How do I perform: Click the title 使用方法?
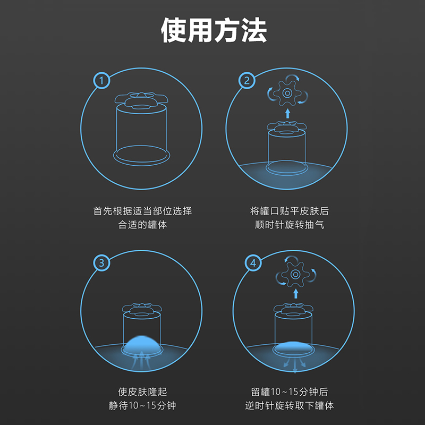[x=212, y=31]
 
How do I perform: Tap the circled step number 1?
[x=101, y=81]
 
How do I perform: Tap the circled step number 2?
[x=246, y=81]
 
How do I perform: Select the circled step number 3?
[x=101, y=263]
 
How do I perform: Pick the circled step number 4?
[x=253, y=263]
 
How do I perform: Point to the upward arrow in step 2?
[x=287, y=113]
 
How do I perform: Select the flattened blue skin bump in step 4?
[x=293, y=346]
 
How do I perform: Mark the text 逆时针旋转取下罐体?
[x=290, y=406]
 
